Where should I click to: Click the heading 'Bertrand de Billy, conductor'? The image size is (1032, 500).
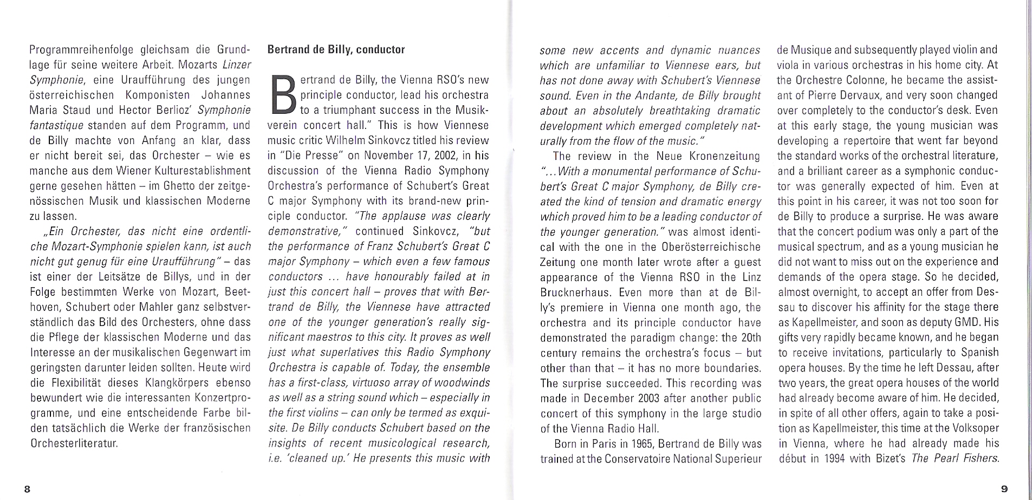point(336,50)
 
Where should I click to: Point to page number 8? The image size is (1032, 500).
point(27,489)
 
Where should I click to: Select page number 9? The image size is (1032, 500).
point(1004,489)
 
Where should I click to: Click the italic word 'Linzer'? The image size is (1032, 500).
point(238,65)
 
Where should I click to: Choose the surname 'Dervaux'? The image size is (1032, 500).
point(861,95)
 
